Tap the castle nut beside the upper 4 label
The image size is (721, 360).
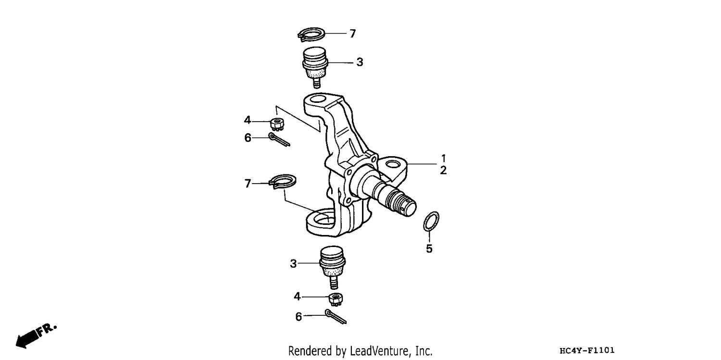click(x=277, y=124)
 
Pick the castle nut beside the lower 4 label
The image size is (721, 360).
click(x=336, y=299)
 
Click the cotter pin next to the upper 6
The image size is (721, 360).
click(x=279, y=139)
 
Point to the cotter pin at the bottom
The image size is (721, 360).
click(x=336, y=317)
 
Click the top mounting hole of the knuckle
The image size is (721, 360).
click(x=318, y=99)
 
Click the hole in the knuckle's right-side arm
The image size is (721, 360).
click(x=393, y=165)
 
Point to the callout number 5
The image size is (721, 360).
click(x=429, y=248)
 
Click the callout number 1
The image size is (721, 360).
click(x=444, y=158)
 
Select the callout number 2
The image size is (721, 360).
click(x=444, y=171)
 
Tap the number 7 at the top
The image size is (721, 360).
click(x=353, y=34)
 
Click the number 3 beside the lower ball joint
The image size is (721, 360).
click(x=293, y=264)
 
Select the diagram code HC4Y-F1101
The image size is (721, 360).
click(x=587, y=350)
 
